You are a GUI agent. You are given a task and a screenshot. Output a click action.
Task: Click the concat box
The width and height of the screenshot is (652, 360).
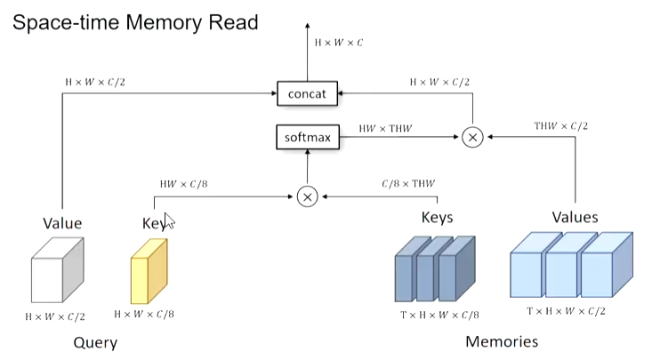click(x=307, y=92)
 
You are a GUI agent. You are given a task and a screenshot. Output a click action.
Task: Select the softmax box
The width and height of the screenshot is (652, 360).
click(x=307, y=138)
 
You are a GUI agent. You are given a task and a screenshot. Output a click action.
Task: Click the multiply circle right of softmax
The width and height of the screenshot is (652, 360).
click(x=471, y=137)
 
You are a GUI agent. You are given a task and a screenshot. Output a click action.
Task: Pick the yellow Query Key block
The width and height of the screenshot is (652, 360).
click(x=149, y=270)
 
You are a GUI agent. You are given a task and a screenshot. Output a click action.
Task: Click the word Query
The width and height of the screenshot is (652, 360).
click(x=95, y=342)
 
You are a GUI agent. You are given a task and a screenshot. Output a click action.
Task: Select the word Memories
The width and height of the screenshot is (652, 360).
click(x=502, y=341)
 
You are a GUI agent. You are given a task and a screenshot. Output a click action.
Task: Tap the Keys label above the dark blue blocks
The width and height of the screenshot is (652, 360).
click(x=437, y=218)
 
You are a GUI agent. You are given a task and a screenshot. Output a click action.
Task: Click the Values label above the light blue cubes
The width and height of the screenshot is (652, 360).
click(x=575, y=217)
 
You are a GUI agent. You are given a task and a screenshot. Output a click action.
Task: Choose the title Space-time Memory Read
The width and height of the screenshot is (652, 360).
click(x=133, y=21)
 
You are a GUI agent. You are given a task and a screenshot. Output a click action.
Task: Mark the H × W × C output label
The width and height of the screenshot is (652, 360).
click(x=339, y=41)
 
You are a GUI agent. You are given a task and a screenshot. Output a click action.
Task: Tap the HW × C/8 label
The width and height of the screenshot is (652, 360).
click(x=184, y=183)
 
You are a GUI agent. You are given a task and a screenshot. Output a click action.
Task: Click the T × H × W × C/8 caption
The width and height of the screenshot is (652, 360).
click(x=439, y=314)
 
